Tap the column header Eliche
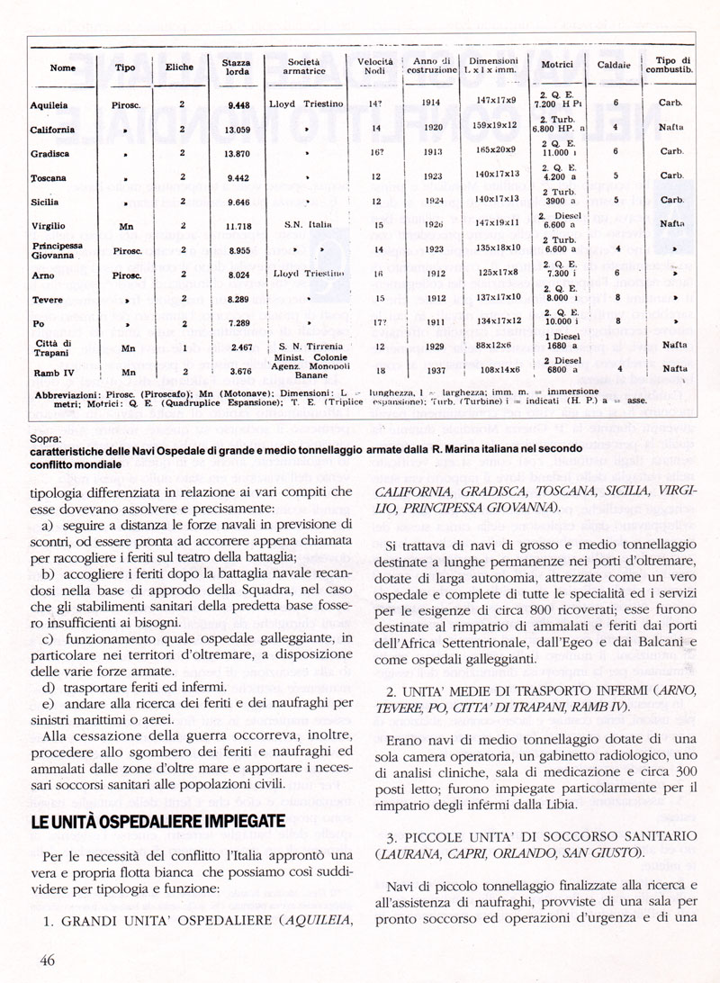[180, 67]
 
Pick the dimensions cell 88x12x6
[496, 346]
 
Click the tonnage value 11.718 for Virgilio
[238, 226]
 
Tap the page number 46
[48, 960]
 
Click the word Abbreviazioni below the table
[71, 394]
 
